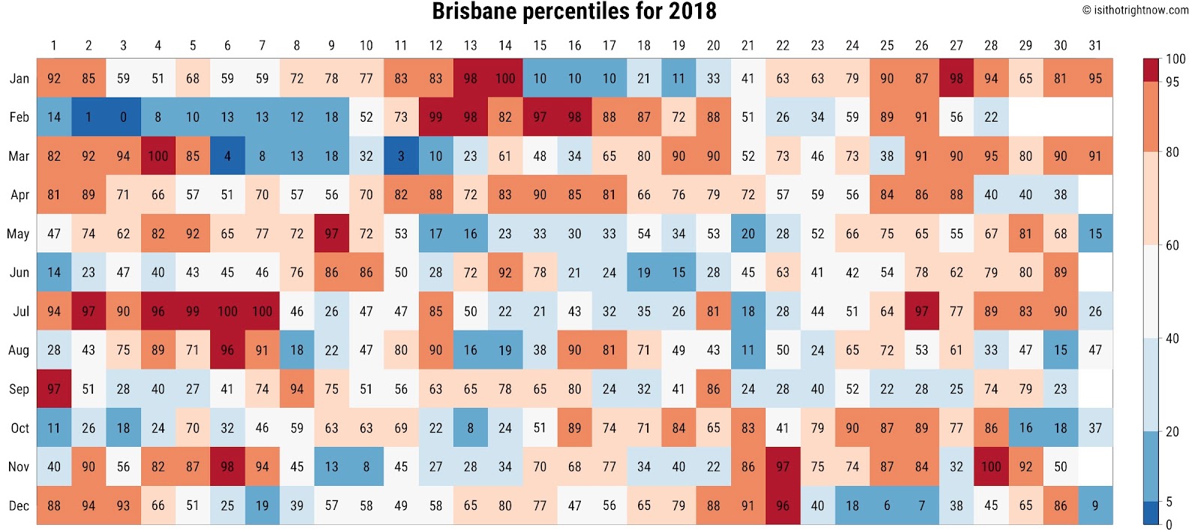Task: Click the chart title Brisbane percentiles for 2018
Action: pyautogui.click(x=574, y=12)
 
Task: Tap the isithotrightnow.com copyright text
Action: pyautogui.click(x=1135, y=11)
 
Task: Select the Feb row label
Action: pyautogui.click(x=20, y=117)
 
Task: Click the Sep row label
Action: pyautogui.click(x=20, y=389)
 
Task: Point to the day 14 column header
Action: pyautogui.click(x=505, y=46)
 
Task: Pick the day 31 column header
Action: pyautogui.click(x=1095, y=46)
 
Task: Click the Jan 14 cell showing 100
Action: pyautogui.click(x=505, y=78)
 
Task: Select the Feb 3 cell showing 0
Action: pyautogui.click(x=123, y=117)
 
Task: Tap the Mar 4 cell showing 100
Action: pyautogui.click(x=158, y=156)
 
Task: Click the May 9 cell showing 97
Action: pyautogui.click(x=332, y=234)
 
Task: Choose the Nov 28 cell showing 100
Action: pyautogui.click(x=991, y=466)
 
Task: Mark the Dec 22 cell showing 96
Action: pyautogui.click(x=783, y=505)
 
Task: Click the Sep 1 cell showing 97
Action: pyautogui.click(x=54, y=389)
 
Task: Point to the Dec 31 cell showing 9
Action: pyautogui.click(x=1095, y=505)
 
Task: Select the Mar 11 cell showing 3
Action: pyautogui.click(x=401, y=156)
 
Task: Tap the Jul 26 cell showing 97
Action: pyautogui.click(x=922, y=311)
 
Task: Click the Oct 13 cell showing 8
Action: pyautogui.click(x=471, y=428)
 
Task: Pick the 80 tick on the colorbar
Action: pyautogui.click(x=1172, y=152)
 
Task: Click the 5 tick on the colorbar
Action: pyautogui.click(x=1169, y=502)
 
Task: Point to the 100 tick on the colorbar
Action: pyautogui.click(x=1175, y=59)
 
